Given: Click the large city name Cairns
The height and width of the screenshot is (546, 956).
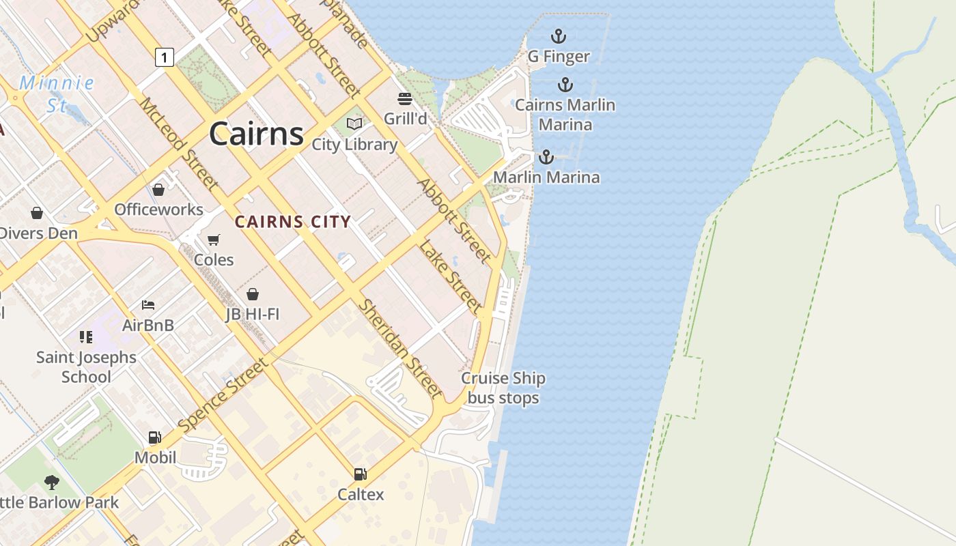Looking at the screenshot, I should pyautogui.click(x=256, y=133).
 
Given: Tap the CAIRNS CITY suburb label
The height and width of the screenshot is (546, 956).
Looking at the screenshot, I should pyautogui.click(x=292, y=221).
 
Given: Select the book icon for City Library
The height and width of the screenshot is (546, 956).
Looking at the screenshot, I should pyautogui.click(x=354, y=124).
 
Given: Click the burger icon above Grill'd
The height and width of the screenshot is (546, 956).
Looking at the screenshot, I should pyautogui.click(x=405, y=98).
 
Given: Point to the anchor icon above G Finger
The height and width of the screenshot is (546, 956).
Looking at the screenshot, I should pyautogui.click(x=559, y=35).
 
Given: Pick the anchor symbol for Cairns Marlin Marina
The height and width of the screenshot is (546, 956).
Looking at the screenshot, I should pyautogui.click(x=565, y=85).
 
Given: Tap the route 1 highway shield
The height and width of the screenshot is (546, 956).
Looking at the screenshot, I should pyautogui.click(x=164, y=57).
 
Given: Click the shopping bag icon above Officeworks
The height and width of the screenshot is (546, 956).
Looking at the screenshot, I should pyautogui.click(x=158, y=189).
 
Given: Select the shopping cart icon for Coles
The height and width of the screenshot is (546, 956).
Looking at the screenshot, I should pyautogui.click(x=213, y=240).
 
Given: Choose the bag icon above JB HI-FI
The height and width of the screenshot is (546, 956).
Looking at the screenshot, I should pyautogui.click(x=253, y=294).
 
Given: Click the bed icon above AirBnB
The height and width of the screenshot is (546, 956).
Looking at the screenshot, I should pyautogui.click(x=148, y=305).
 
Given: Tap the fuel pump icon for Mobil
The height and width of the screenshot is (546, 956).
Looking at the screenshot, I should pyautogui.click(x=155, y=437).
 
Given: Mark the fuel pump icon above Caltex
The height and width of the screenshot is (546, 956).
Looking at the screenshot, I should pyautogui.click(x=360, y=474).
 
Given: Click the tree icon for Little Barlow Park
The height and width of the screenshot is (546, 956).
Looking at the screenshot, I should pyautogui.click(x=51, y=483).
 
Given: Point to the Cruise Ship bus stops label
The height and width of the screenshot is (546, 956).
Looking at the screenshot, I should pyautogui.click(x=503, y=388).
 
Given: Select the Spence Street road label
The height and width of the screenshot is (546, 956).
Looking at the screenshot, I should pyautogui.click(x=224, y=396).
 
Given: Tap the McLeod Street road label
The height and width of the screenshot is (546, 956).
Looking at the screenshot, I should pyautogui.click(x=179, y=143).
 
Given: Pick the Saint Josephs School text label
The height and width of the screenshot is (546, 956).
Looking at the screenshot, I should pyautogui.click(x=86, y=367).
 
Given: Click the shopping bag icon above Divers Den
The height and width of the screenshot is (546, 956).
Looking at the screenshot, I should pyautogui.click(x=37, y=213).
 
